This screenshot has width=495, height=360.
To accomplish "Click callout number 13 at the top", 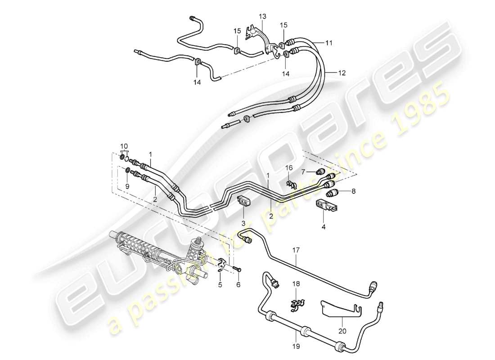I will (262, 17).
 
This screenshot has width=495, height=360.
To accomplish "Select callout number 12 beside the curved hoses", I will (342, 72).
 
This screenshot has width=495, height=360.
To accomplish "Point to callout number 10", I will (124, 146).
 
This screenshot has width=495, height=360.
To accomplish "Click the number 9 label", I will (127, 185).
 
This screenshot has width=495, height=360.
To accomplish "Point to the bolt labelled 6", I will (237, 269).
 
